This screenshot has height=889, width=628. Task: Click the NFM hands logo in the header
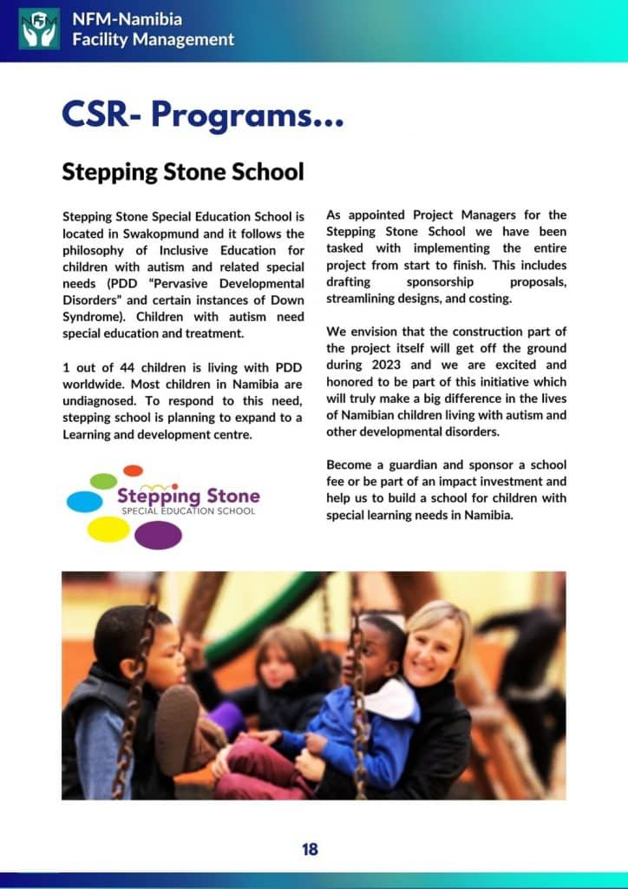[x=39, y=29]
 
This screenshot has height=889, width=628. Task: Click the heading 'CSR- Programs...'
[x=202, y=114]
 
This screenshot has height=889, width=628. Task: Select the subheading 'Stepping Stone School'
[x=183, y=172]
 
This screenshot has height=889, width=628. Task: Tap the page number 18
[x=310, y=848]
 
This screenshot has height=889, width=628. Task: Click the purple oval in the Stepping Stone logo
[x=158, y=535]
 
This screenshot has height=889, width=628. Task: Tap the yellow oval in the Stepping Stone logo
[x=108, y=529]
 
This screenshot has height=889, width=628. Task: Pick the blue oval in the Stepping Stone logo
[x=84, y=501]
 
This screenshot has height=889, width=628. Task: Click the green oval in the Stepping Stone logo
[x=103, y=480]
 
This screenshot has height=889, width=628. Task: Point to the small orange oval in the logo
[x=133, y=470]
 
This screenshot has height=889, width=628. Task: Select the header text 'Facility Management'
[x=154, y=39]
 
